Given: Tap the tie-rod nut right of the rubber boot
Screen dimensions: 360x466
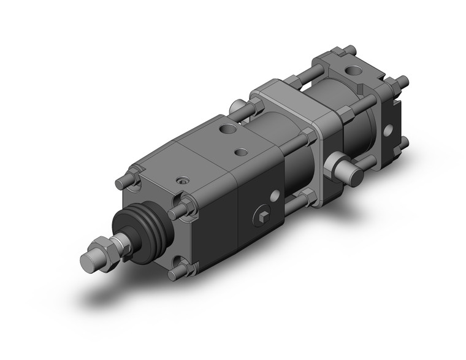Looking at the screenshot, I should (178, 210).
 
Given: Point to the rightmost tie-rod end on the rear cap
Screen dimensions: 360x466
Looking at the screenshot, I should (402, 80).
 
